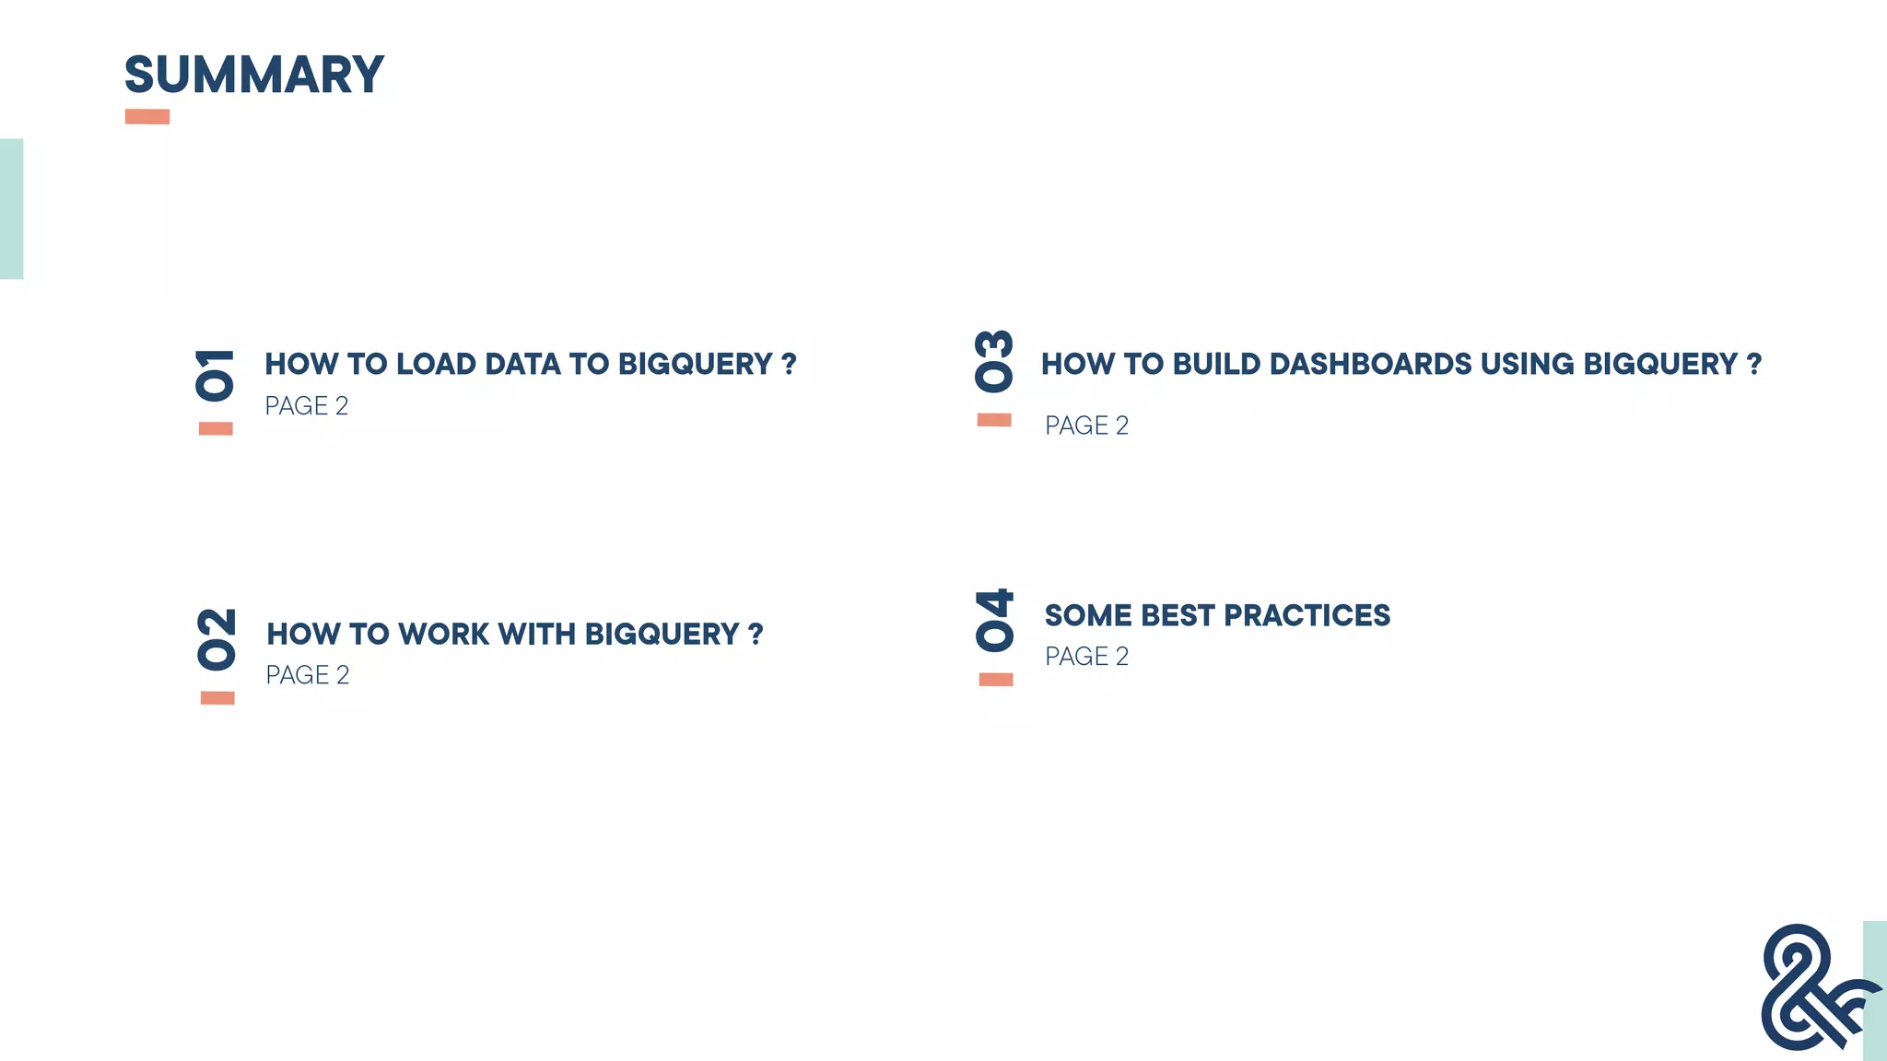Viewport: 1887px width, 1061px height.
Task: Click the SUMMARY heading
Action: pos(253,75)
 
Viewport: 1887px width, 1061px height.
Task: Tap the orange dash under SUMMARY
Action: pos(147,117)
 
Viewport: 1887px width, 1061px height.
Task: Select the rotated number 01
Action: pos(215,374)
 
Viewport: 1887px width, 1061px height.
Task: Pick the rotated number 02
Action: pos(217,638)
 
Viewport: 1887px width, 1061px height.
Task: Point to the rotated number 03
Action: pos(994,361)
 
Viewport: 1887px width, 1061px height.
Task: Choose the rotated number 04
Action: pos(995,620)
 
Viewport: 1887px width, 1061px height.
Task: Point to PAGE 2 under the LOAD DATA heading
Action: pos(306,406)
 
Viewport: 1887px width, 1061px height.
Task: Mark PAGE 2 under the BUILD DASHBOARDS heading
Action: pos(1086,426)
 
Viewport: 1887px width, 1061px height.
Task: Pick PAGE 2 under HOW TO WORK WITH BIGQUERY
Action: pos(307,675)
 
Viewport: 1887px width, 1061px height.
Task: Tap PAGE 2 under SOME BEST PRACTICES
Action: pos(1086,657)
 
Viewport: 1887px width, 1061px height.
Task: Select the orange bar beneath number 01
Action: pos(216,428)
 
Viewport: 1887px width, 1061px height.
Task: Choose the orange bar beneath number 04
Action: pos(995,680)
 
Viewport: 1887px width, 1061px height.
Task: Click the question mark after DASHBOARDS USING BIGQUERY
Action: pos(1753,364)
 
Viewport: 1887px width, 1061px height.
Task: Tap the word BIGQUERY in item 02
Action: pos(662,634)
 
